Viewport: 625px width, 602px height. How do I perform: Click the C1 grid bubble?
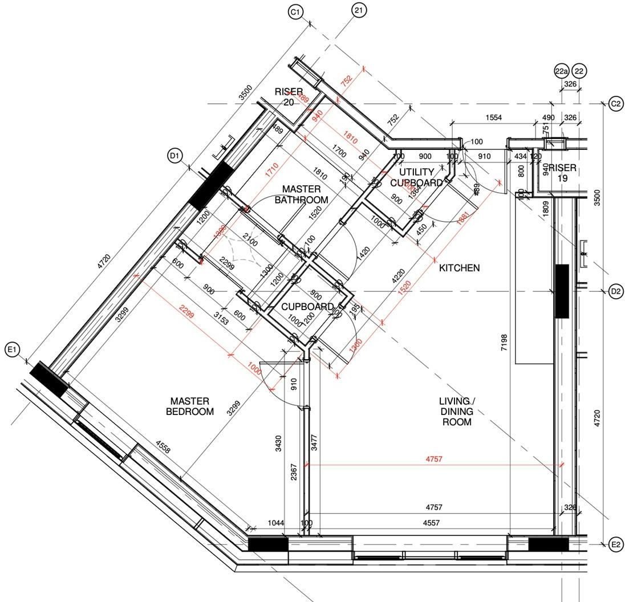coord(296,13)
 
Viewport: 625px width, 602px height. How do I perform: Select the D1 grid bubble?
coord(174,155)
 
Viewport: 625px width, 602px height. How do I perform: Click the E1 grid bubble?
coord(13,351)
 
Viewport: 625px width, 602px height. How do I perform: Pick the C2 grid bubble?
coord(616,104)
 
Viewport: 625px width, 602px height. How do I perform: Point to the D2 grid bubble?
coord(616,291)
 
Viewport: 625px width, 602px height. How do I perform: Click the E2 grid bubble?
coord(616,544)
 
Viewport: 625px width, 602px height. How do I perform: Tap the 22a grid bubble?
coord(561,71)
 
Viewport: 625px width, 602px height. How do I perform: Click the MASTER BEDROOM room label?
coord(190,406)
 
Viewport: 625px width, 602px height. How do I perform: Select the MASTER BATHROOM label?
coord(301,194)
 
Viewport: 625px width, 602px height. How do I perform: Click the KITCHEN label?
coord(459,267)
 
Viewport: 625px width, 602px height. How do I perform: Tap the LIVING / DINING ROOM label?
coord(456,412)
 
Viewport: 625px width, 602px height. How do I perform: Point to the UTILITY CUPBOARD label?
coord(416,177)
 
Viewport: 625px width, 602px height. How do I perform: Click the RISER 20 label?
coord(289,97)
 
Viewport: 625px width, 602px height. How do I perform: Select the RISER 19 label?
coord(562,173)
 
